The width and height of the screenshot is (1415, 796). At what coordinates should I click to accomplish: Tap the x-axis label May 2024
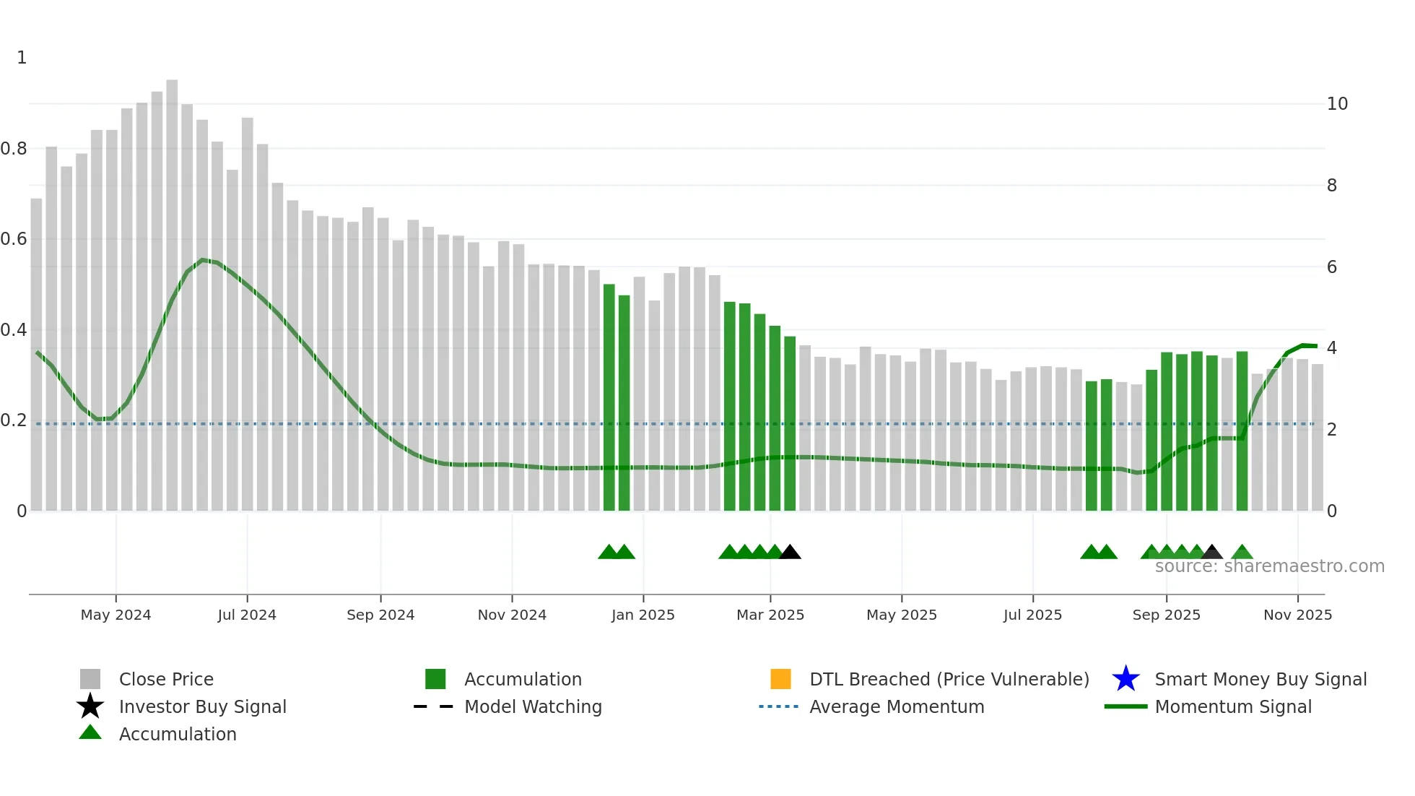[x=116, y=615]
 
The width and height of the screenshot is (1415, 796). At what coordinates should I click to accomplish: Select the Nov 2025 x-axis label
[x=1297, y=615]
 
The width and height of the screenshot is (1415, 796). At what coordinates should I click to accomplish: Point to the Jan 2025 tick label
[x=643, y=615]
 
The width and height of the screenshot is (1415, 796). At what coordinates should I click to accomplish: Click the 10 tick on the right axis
[x=1337, y=104]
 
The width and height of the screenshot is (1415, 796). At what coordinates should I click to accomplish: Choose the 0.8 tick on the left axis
[x=14, y=149]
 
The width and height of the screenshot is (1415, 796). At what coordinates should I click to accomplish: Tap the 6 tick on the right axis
[x=1332, y=267]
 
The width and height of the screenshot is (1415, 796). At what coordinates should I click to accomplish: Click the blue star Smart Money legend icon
[x=1126, y=679]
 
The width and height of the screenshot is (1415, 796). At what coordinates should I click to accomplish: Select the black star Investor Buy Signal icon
[x=90, y=706]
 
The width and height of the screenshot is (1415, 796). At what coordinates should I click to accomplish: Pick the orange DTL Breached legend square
[x=780, y=679]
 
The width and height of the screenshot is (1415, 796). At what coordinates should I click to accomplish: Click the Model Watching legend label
[x=533, y=706]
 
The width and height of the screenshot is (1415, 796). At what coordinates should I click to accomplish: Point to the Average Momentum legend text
[x=897, y=706]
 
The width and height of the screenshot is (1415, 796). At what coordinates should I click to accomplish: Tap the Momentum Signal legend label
[x=1233, y=706]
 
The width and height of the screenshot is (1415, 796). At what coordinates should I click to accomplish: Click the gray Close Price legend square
[x=90, y=679]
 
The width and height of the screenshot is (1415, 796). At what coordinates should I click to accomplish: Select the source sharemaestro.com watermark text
[x=1269, y=566]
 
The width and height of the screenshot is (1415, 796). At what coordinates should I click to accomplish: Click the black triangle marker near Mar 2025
[x=790, y=553]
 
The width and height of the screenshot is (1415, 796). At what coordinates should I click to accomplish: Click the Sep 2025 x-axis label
[x=1166, y=615]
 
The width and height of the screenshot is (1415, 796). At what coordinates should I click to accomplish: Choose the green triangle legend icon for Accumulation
[x=90, y=732]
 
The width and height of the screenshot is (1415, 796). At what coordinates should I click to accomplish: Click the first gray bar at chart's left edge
[x=36, y=354]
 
